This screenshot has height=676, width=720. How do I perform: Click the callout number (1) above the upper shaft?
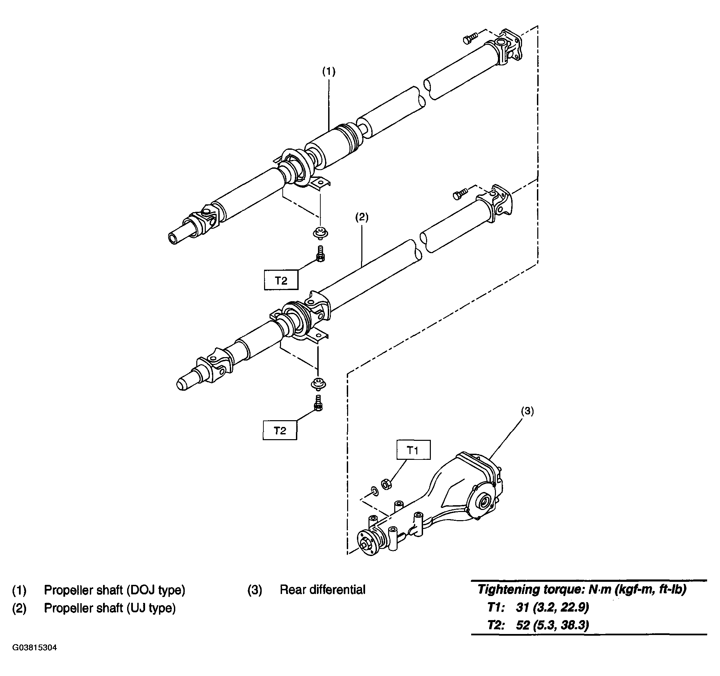[x=329, y=72]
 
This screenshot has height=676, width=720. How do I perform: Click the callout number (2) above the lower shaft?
[x=361, y=217]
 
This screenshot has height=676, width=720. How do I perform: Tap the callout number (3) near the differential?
[x=527, y=411]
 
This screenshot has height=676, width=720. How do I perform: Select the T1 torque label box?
[x=414, y=450]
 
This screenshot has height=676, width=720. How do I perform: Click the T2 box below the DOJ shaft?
[x=281, y=280]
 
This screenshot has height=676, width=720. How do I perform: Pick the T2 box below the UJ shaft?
[x=280, y=430]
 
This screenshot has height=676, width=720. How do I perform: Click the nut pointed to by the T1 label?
[x=386, y=484]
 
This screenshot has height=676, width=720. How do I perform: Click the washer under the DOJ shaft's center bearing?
[x=320, y=233]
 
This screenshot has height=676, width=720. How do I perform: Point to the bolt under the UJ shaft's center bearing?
[x=318, y=403]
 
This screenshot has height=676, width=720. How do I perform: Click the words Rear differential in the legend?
[x=323, y=590]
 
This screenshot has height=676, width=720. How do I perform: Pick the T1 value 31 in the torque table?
[x=523, y=607]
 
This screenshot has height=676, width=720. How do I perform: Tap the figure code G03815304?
[x=35, y=658]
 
